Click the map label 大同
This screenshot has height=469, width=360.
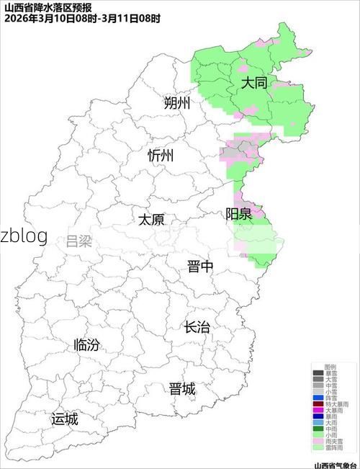(253, 83)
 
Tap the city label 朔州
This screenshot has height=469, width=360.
(177, 103)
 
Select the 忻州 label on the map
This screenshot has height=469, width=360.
(161, 156)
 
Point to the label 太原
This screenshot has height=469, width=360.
(151, 219)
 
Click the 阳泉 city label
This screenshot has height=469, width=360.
(238, 213)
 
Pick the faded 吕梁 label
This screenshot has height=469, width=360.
(79, 241)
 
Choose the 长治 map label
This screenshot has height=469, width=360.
(197, 327)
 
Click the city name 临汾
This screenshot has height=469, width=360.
(86, 345)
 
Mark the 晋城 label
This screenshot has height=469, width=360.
(182, 389)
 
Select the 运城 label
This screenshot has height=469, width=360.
(65, 419)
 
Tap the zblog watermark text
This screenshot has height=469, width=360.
(24, 235)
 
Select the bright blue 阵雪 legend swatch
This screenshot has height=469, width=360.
(318, 398)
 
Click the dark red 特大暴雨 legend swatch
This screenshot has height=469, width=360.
(318, 404)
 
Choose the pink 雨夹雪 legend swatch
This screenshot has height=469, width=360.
(318, 441)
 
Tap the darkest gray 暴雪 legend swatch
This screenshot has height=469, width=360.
(318, 373)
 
